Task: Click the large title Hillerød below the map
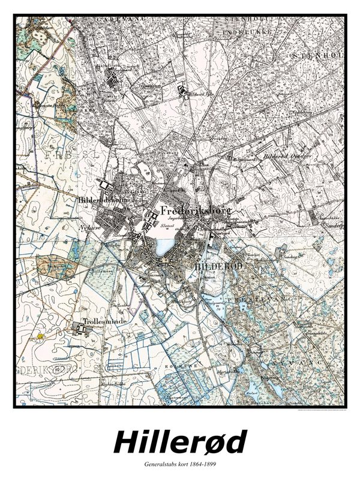tap(180, 442)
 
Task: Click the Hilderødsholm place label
tap(100, 200)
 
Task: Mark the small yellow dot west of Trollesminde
tap(40, 337)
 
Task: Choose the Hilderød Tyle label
tap(201, 94)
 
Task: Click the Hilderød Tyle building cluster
tap(182, 91)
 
